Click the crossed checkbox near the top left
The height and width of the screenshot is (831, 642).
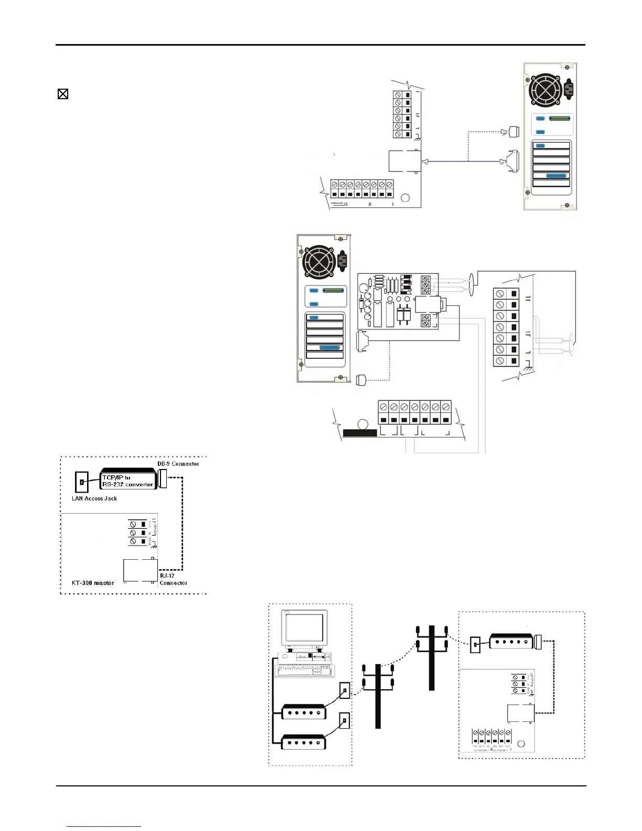(63, 94)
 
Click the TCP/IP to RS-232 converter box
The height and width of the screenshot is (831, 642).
(127, 480)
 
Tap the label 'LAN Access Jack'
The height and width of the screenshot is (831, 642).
(94, 498)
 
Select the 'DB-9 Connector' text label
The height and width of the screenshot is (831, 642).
(178, 464)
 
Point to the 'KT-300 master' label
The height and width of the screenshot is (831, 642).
(93, 583)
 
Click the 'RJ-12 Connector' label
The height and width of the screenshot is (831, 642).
(173, 579)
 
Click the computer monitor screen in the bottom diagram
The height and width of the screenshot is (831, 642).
(304, 627)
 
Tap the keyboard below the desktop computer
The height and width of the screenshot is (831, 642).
(304, 670)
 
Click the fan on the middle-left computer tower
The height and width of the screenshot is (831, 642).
(319, 262)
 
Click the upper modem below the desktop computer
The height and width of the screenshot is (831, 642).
(304, 712)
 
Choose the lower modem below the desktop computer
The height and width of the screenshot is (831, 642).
(304, 742)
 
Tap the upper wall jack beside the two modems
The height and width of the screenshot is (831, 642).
(345, 690)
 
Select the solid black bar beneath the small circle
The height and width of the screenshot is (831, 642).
(359, 433)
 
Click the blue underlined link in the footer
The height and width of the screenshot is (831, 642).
(104, 826)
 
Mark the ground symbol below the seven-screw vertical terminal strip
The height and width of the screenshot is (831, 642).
(526, 370)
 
